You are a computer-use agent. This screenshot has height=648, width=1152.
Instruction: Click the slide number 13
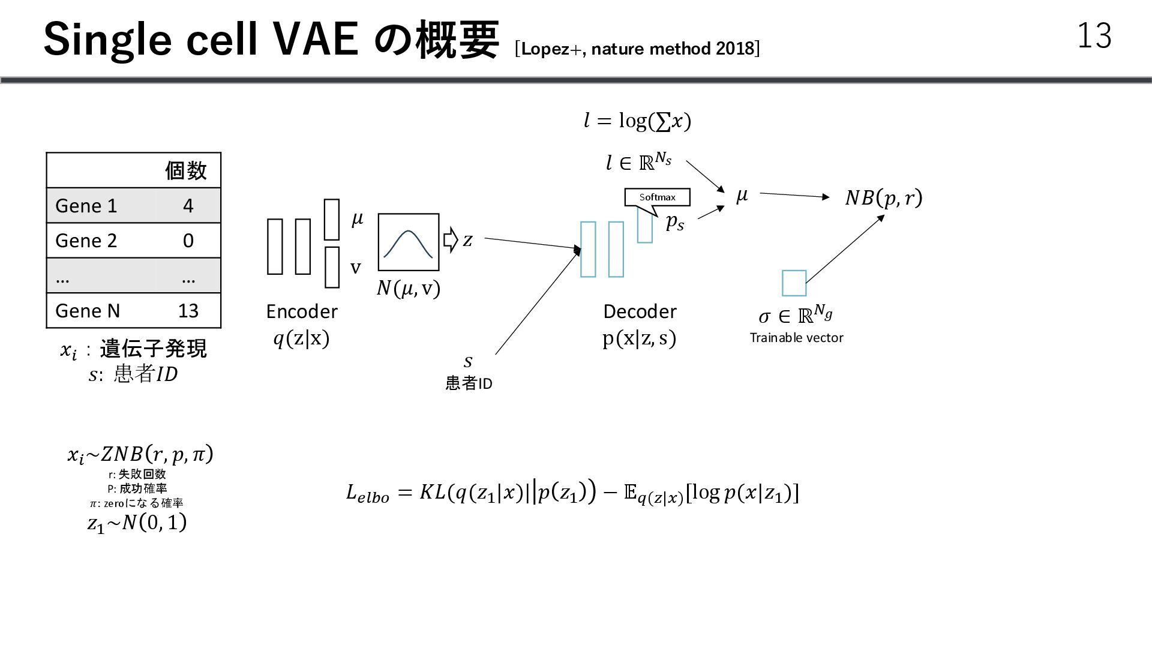pos(1094,36)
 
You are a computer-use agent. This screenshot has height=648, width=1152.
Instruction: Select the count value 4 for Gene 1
pos(188,206)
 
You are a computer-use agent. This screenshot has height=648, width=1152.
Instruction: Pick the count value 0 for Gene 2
pos(188,241)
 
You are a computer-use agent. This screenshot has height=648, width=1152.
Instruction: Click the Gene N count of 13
pos(188,311)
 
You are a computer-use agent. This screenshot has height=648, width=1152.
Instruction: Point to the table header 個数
pos(186,170)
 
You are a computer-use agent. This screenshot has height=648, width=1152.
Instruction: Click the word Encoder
pos(302,311)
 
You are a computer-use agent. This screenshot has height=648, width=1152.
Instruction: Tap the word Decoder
pos(640,311)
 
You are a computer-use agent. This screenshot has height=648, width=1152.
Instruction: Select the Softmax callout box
pos(657,197)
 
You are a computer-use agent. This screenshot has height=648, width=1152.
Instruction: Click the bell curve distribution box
pos(408,242)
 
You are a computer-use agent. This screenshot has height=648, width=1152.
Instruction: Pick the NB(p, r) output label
pos(883,197)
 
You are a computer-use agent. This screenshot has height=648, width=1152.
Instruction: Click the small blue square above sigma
pos(794,283)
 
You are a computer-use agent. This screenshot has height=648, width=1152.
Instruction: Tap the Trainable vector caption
pos(796,338)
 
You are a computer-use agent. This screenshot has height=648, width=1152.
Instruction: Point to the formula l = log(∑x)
pos(637,121)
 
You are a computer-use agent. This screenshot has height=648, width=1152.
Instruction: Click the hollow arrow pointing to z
pos(451,240)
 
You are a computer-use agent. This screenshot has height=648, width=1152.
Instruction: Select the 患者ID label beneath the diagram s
pos(469,383)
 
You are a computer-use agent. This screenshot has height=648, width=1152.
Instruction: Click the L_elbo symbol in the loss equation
pos(367,494)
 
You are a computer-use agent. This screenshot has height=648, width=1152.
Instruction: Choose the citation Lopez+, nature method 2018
pos(637,49)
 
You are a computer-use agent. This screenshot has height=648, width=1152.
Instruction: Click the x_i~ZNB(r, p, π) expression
pos(140,454)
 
